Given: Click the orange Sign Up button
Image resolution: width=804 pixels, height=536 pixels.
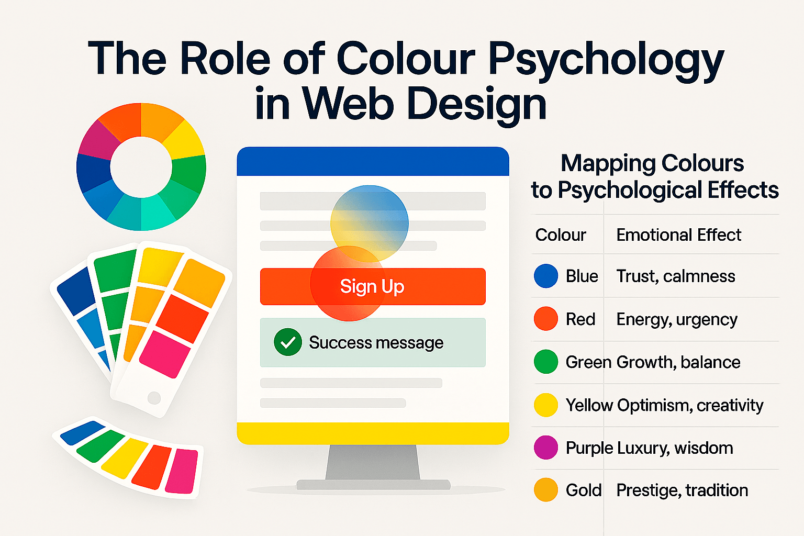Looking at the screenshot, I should click(x=372, y=286).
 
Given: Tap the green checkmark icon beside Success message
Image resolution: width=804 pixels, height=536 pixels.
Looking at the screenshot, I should click(x=287, y=342).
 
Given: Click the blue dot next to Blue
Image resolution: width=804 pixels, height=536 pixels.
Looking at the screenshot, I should click(x=546, y=276).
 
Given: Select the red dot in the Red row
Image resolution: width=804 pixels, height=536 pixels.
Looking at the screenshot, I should click(x=546, y=319).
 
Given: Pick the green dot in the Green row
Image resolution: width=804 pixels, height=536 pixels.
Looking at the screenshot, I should click(x=546, y=362).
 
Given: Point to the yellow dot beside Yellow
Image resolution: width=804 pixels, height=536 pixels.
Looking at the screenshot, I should click(x=546, y=405).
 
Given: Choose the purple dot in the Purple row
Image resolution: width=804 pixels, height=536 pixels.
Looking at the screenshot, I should click(x=546, y=448).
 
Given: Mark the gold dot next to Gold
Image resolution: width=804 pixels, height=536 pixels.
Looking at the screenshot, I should click(x=546, y=490).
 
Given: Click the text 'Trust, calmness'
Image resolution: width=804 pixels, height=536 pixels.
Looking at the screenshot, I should click(x=676, y=276).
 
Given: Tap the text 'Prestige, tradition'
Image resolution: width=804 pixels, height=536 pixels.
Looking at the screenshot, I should click(x=682, y=490).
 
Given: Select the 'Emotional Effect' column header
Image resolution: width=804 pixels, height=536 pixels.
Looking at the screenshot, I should click(x=678, y=235).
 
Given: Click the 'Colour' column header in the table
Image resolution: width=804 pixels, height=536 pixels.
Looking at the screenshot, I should click(x=561, y=235).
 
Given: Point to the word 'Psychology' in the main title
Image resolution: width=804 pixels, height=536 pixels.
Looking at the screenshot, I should click(x=606, y=60).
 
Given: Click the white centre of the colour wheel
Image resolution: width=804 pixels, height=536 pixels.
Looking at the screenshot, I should click(x=141, y=167).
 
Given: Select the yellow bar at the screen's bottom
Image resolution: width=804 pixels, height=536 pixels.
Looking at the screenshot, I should click(x=373, y=433).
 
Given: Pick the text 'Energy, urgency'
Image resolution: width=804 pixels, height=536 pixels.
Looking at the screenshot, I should click(x=677, y=319).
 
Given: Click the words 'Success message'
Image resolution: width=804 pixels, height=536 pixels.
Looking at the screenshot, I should click(x=376, y=342).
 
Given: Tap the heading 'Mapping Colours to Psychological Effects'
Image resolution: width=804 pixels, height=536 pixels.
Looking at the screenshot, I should click(x=654, y=176).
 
